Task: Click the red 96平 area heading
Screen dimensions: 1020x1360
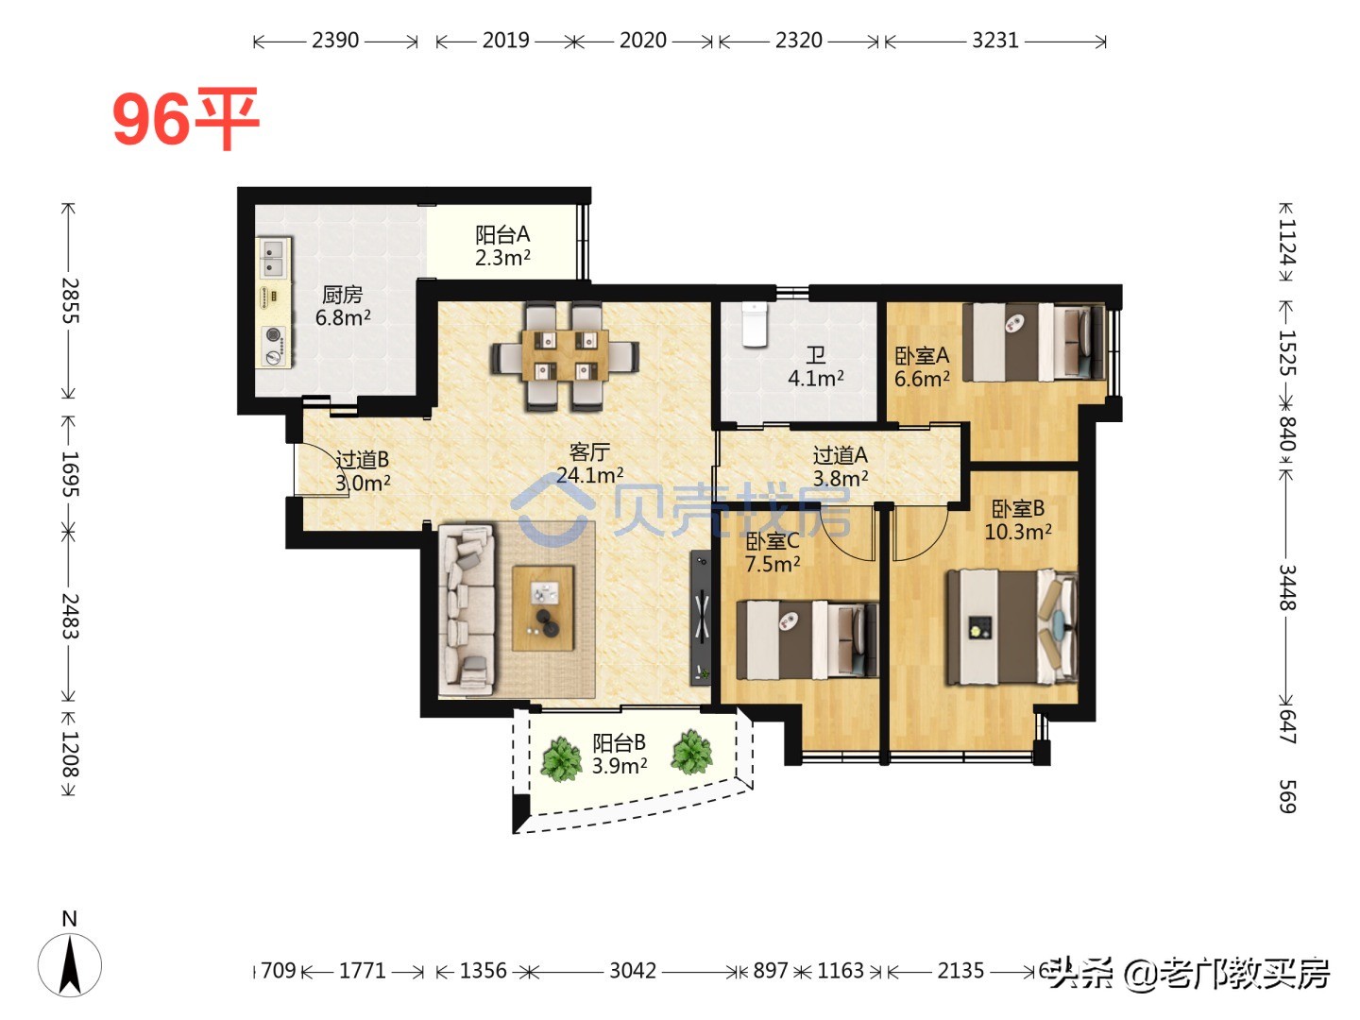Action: pos(185,119)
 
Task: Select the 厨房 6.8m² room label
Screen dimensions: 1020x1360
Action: pos(343,306)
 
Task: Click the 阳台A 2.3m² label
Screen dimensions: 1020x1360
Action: pos(502,246)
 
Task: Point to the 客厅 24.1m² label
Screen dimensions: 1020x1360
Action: pos(589,464)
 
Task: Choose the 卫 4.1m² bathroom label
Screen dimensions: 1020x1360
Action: pos(816,366)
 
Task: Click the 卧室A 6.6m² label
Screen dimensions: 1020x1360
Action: pos(922,366)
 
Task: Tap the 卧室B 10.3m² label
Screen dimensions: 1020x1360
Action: pos(1018,519)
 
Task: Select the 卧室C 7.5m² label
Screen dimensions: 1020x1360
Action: pos(773,552)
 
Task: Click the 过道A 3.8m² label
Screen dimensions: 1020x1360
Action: pos(841,467)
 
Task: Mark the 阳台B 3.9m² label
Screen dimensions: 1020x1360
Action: pos(620,754)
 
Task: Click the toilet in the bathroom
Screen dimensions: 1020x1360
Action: pos(755,324)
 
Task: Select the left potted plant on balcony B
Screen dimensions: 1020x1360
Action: pos(561,758)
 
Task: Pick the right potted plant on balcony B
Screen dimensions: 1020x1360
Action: pos(691,753)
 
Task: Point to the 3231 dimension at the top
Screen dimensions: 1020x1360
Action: pos(995,41)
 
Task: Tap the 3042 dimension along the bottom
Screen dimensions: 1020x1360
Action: pos(632,971)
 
